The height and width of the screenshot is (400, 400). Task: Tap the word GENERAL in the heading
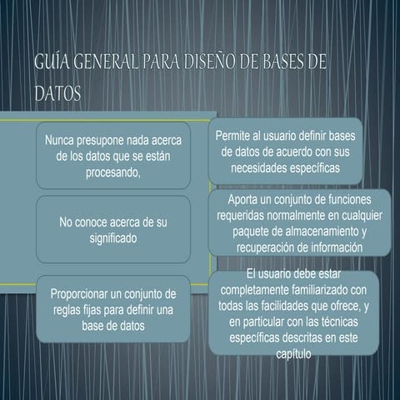[106, 65]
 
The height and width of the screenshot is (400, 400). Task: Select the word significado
[113, 237]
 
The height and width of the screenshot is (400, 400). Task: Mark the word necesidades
[258, 167]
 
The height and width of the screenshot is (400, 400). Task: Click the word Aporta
[244, 200]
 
